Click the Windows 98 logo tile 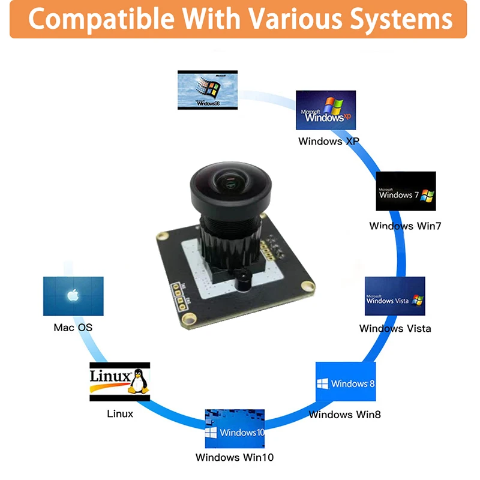[208, 90]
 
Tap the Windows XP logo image [326, 110]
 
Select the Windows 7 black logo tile [406, 191]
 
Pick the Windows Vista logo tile [395, 296]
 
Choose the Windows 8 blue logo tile [346, 382]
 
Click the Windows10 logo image [235, 429]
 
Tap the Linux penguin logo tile [119, 382]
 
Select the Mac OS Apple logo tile [73, 296]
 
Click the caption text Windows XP [328, 142]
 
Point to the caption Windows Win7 [405, 226]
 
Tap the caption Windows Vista [395, 328]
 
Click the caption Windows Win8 [344, 414]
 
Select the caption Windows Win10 [235, 457]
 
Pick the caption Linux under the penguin [120, 413]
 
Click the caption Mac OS [73, 328]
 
